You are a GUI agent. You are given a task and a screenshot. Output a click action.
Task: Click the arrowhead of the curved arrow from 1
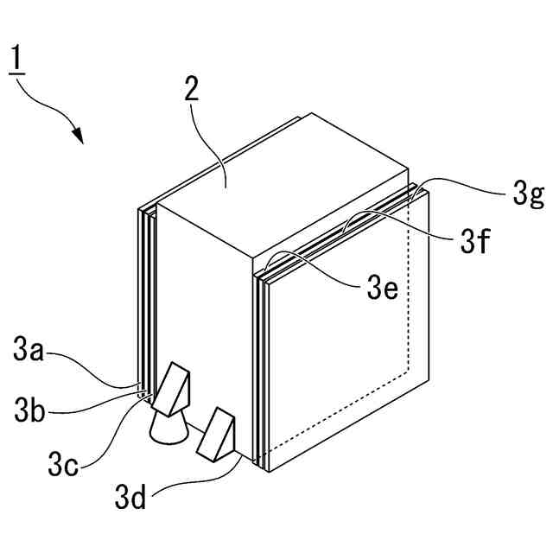click(78, 136)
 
